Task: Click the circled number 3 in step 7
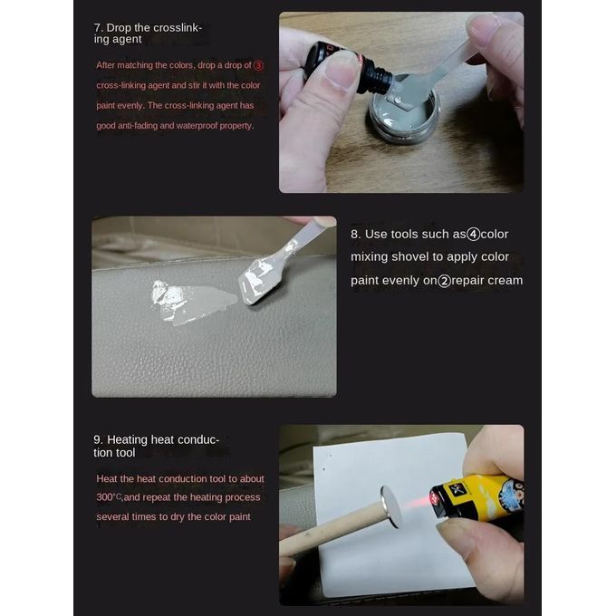pyautogui.click(x=258, y=65)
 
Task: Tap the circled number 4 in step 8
pyautogui.click(x=473, y=235)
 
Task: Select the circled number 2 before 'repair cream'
pyautogui.click(x=444, y=281)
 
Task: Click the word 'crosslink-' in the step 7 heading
pyautogui.click(x=178, y=28)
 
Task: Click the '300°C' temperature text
pyautogui.click(x=109, y=497)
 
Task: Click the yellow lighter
pyautogui.click(x=476, y=498)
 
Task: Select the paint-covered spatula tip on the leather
pyautogui.click(x=257, y=281)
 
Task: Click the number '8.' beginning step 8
pyautogui.click(x=355, y=235)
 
